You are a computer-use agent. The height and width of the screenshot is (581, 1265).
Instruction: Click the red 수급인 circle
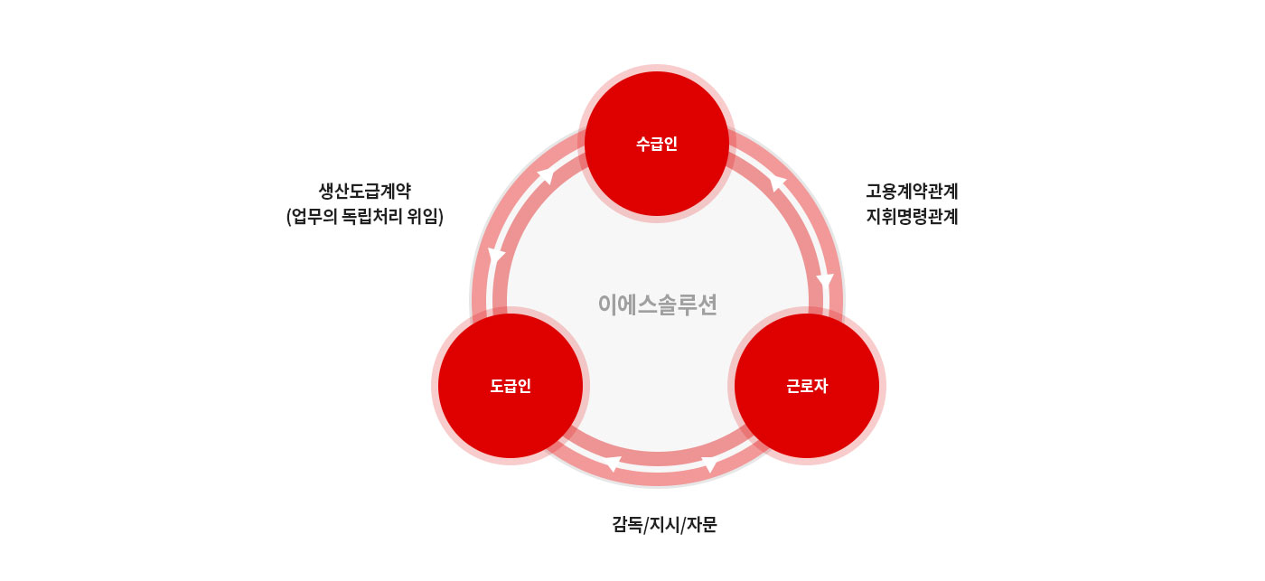656,144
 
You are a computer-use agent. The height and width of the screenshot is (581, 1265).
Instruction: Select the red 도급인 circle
511,386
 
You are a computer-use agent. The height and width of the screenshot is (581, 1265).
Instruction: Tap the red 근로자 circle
807,386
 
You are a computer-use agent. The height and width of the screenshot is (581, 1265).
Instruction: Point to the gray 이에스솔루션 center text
658,305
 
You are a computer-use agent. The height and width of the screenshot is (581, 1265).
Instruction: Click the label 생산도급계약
365,191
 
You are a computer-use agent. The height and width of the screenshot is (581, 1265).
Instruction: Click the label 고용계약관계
912,191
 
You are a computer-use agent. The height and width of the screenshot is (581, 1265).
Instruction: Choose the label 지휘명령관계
912,216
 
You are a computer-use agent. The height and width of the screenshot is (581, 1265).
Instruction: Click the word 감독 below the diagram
627,525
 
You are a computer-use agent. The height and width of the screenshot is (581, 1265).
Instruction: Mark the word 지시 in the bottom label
664,525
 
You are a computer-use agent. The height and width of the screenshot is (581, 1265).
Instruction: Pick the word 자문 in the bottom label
701,525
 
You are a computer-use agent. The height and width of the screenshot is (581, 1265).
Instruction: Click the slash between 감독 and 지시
646,525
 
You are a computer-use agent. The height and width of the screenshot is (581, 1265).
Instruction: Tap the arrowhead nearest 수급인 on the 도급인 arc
546,175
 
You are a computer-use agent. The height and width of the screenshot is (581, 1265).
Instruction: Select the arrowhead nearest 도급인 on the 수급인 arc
496,257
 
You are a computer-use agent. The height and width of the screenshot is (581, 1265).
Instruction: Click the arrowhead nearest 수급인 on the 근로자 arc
778,183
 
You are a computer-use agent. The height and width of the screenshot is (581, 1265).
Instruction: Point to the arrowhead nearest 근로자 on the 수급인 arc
825,282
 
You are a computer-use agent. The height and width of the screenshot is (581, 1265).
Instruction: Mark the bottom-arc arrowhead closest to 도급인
613,464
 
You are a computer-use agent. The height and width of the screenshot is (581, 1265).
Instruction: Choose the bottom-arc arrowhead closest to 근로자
710,465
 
